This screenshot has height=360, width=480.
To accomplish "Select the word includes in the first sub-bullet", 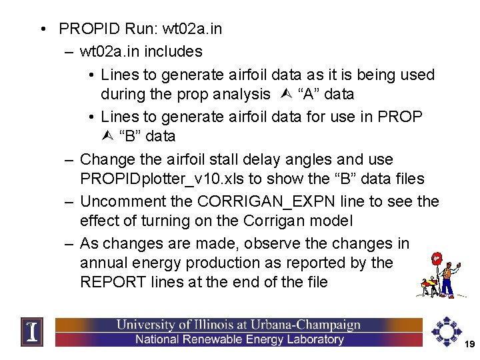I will point(175,51).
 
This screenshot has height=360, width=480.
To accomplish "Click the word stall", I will point(215,160).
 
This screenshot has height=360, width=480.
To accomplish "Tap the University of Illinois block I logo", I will point(31,331).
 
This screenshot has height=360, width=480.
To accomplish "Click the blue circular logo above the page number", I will point(445,328).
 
